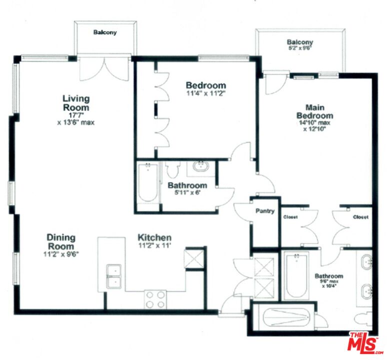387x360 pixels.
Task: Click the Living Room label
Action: [76, 102]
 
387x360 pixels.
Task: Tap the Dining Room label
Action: [61, 242]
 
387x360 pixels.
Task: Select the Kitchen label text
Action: [155, 237]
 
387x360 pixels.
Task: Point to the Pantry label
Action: [265, 211]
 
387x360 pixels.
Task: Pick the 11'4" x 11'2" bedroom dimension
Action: [205, 93]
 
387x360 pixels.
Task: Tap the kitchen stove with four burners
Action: [155, 299]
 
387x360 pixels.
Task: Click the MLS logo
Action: [364, 342]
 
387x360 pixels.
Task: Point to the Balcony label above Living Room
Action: [105, 32]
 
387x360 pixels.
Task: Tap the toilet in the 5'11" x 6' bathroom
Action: [173, 170]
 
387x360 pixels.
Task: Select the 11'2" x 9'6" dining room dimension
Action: [61, 253]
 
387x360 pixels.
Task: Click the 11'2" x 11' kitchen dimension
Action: [155, 245]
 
